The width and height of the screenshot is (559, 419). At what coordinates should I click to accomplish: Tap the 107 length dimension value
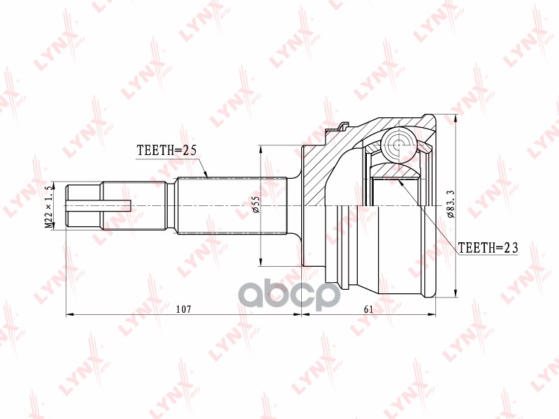pos(184,308)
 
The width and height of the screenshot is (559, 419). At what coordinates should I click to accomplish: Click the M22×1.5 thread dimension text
pos(50,206)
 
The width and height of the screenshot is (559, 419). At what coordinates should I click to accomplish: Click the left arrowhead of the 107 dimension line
pos(68,314)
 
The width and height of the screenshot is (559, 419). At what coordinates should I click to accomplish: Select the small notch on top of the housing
pos(343,127)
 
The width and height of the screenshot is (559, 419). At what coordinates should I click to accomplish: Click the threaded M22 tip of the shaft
pos(83,205)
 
